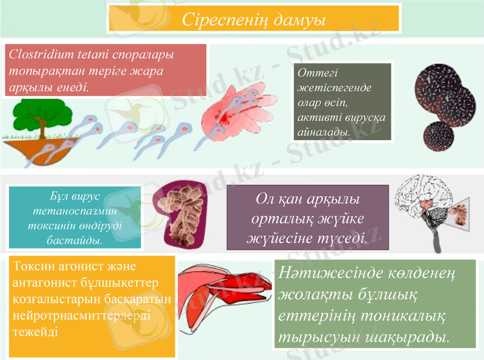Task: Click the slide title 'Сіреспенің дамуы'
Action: tap(253, 19)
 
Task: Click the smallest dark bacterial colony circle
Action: tap(440, 136)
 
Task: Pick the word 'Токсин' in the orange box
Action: tap(31, 267)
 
